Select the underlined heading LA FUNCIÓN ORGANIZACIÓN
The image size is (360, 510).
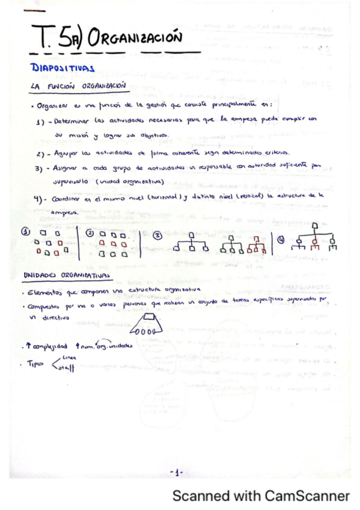(x=78, y=87)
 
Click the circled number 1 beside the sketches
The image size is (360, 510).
(x=26, y=233)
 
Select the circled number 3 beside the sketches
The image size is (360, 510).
(x=157, y=235)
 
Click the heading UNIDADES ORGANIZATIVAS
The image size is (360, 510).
(x=66, y=275)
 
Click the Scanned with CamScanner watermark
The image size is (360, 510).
(x=261, y=496)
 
